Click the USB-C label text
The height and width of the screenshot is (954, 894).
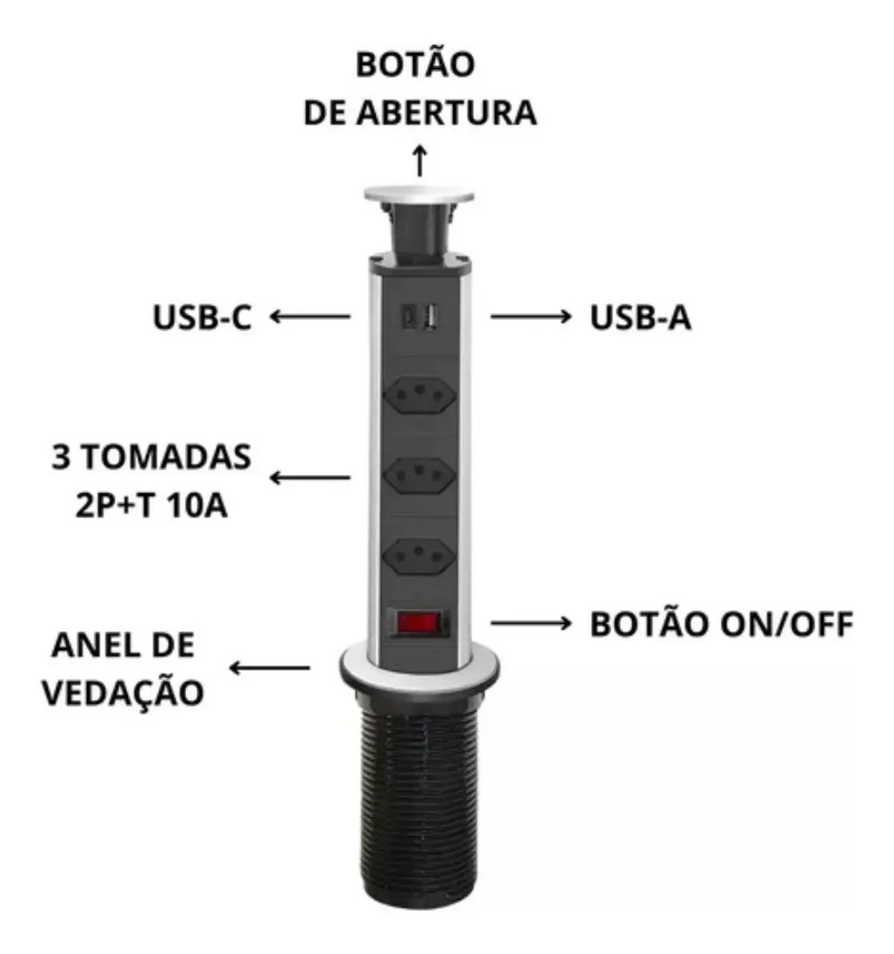tap(202, 317)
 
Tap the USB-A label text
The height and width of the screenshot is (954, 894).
tap(640, 317)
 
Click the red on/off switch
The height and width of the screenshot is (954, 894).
tap(418, 623)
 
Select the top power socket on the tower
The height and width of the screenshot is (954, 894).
tap(420, 396)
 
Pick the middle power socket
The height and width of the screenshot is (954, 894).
tap(420, 475)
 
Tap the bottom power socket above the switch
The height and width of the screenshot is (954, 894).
tap(420, 556)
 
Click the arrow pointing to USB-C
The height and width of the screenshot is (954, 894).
tap(310, 317)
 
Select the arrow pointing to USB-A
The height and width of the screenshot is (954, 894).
tap(530, 317)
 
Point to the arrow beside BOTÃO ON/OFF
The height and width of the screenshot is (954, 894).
tap(530, 623)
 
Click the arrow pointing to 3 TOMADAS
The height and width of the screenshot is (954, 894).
tap(310, 477)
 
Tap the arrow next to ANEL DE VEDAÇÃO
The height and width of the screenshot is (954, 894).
tap(270, 668)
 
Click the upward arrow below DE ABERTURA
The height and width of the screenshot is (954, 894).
tap(420, 161)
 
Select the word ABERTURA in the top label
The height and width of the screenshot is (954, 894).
tap(446, 112)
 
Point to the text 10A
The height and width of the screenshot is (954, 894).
tap(196, 505)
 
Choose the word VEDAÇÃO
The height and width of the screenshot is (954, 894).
tap(123, 693)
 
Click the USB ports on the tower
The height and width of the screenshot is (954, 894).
tap(419, 317)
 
